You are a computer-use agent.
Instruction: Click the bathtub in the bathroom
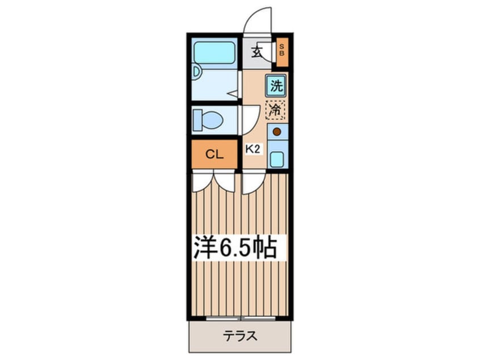(x=214, y=53)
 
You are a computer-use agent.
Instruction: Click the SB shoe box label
(x=282, y=50)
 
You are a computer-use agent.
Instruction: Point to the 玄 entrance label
(x=256, y=52)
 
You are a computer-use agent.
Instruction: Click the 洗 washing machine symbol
(x=276, y=86)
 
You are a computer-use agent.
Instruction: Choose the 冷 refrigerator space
(x=276, y=110)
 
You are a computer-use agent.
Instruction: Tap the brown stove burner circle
(x=277, y=132)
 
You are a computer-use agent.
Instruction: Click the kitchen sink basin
(x=277, y=160)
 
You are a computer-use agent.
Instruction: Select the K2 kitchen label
(x=253, y=149)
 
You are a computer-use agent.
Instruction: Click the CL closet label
(x=214, y=154)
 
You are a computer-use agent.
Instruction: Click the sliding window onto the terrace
(x=241, y=319)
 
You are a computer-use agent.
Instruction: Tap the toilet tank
(x=197, y=120)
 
